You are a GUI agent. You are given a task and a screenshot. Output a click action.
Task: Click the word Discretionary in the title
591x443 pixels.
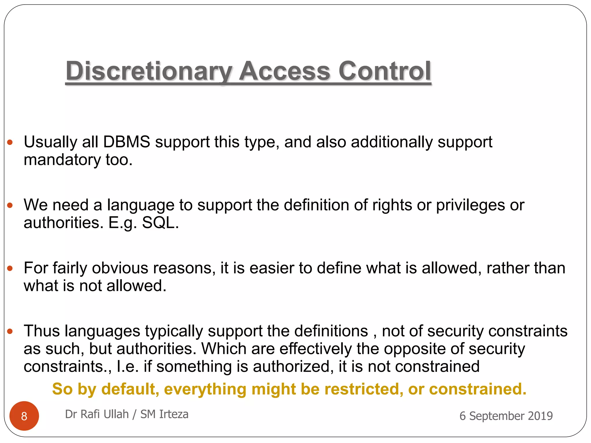click(149, 71)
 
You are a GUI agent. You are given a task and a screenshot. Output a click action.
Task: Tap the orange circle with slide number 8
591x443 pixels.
click(24, 416)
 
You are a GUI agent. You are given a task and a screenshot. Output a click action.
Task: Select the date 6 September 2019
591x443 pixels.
click(506, 416)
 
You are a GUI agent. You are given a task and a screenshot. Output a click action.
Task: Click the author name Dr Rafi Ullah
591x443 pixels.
click(97, 414)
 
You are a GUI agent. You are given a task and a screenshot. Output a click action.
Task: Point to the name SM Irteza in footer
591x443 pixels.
click(164, 414)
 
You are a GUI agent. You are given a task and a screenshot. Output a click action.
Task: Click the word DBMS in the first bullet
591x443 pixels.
click(127, 142)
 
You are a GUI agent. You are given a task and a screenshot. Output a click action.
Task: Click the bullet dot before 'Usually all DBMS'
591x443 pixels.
click(10, 142)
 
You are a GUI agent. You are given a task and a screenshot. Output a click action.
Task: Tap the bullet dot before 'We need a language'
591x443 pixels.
click(10, 205)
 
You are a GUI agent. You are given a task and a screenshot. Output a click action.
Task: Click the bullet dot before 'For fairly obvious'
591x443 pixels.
click(10, 268)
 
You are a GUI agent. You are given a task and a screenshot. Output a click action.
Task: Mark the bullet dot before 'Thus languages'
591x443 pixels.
click(10, 331)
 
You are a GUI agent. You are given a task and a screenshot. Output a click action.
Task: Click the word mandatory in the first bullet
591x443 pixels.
click(62, 160)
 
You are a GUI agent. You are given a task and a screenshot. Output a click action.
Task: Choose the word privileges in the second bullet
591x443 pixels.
click(470, 205)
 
